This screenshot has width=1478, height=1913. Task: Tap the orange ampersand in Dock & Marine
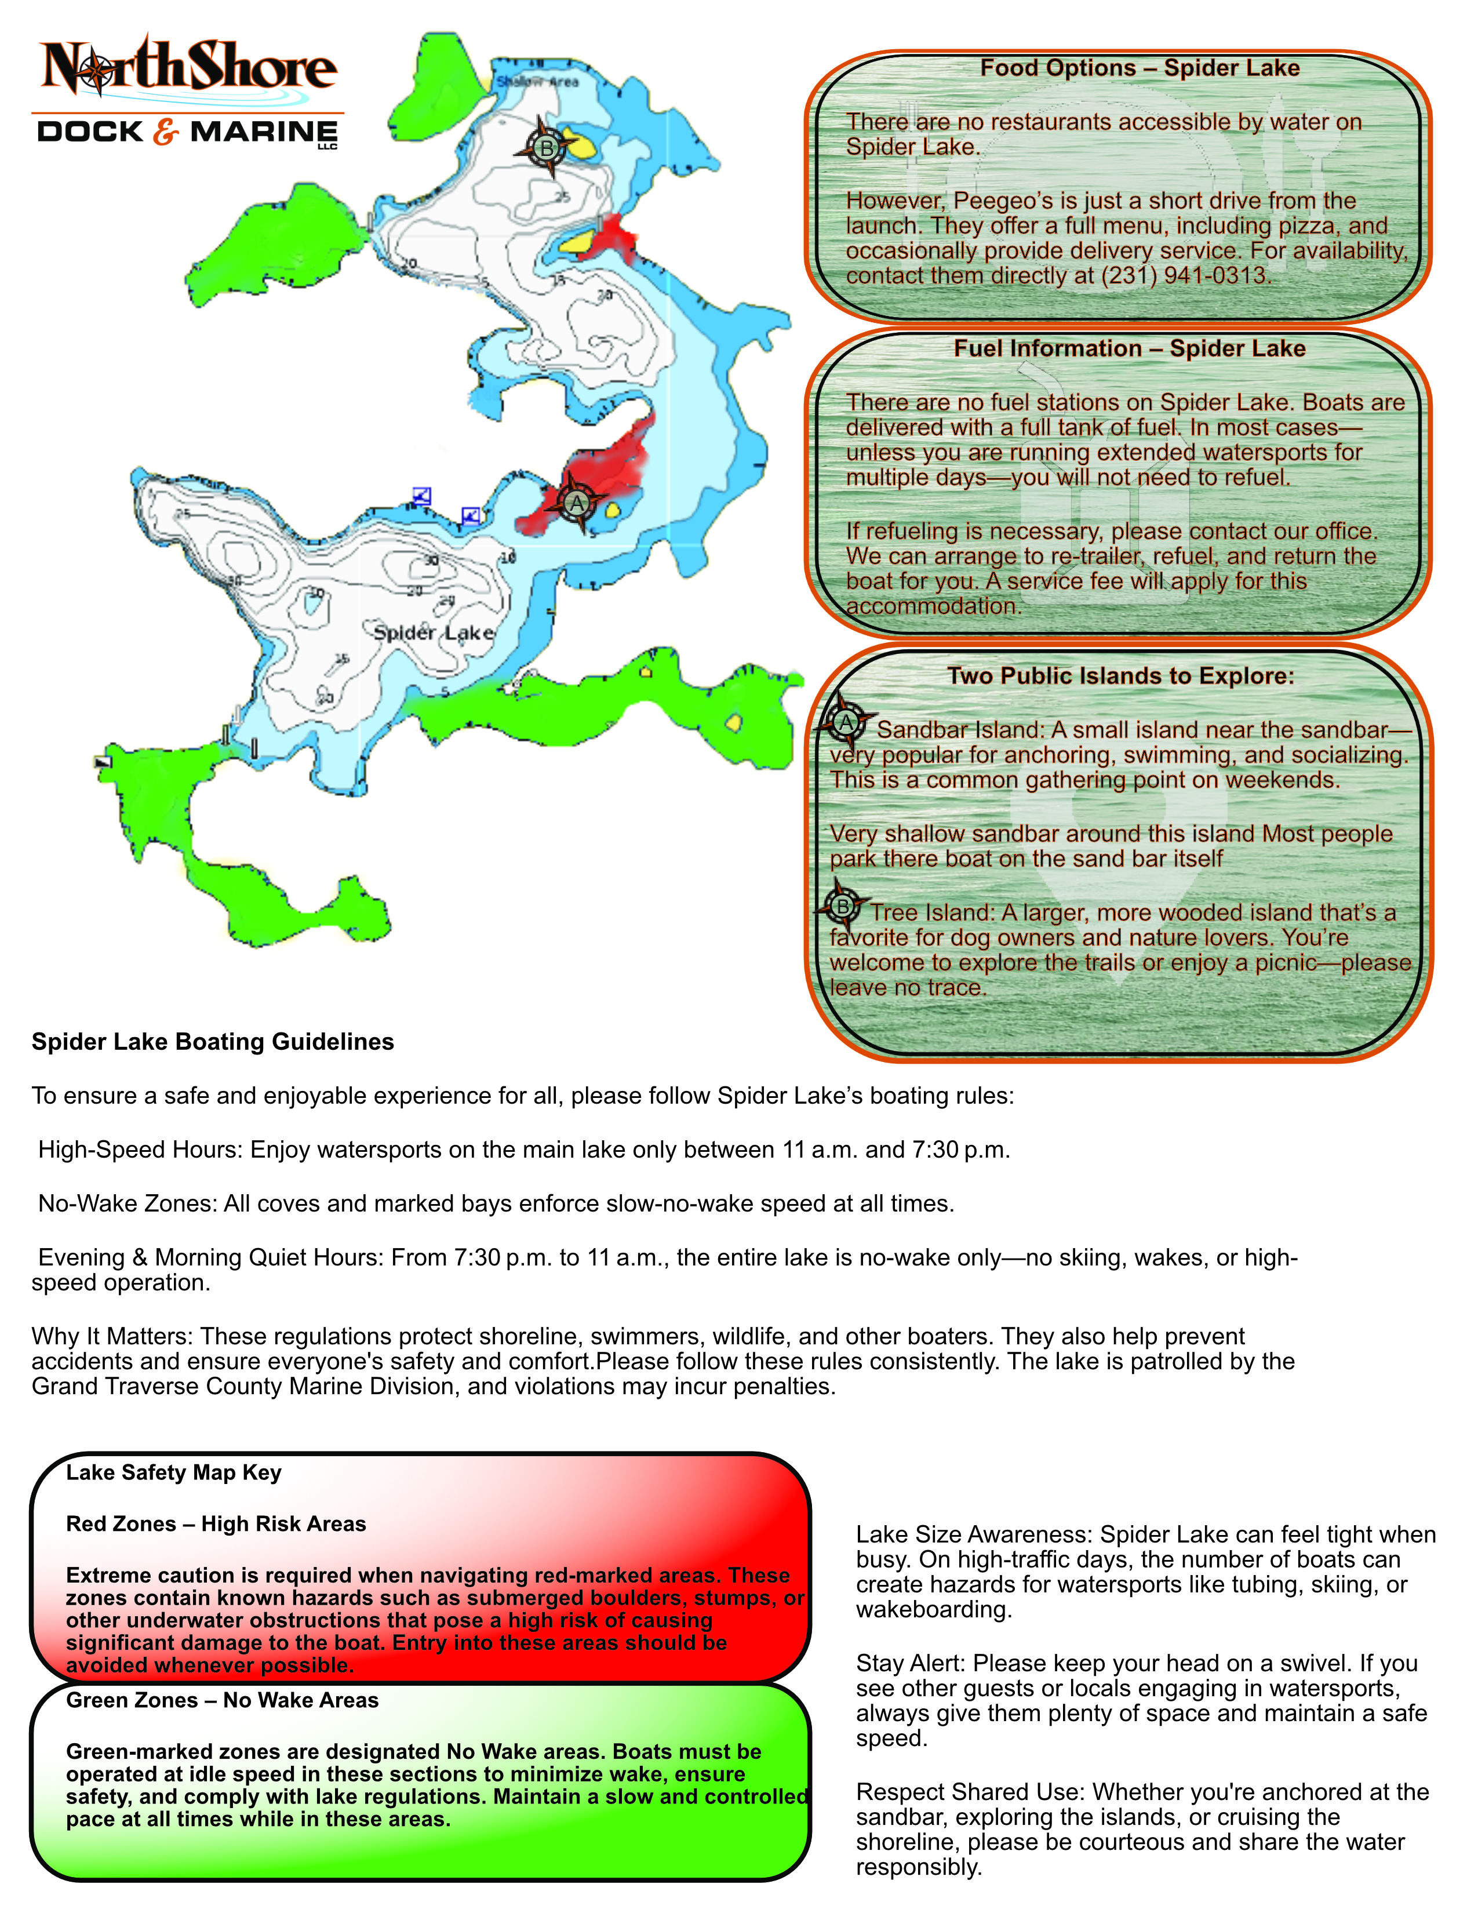coord(166,132)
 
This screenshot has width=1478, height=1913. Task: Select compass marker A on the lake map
coord(576,503)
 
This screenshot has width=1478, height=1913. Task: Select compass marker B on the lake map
coord(547,148)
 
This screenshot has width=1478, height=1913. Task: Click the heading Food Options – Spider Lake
coord(1139,68)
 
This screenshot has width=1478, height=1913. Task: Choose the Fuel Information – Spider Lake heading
coord(1130,348)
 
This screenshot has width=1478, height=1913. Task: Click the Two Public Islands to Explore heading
coord(1120,675)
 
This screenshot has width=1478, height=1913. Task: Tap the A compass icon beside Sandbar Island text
coord(846,723)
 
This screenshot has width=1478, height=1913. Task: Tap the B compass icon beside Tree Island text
coord(842,907)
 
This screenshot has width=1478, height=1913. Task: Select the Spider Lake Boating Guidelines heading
coord(213,1042)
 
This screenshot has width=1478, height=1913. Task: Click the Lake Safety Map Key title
coord(173,1472)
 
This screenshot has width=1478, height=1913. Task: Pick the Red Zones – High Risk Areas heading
coord(216,1524)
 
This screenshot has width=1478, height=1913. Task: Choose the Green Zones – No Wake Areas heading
coord(221,1700)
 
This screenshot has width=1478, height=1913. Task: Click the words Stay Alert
coord(910,1663)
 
